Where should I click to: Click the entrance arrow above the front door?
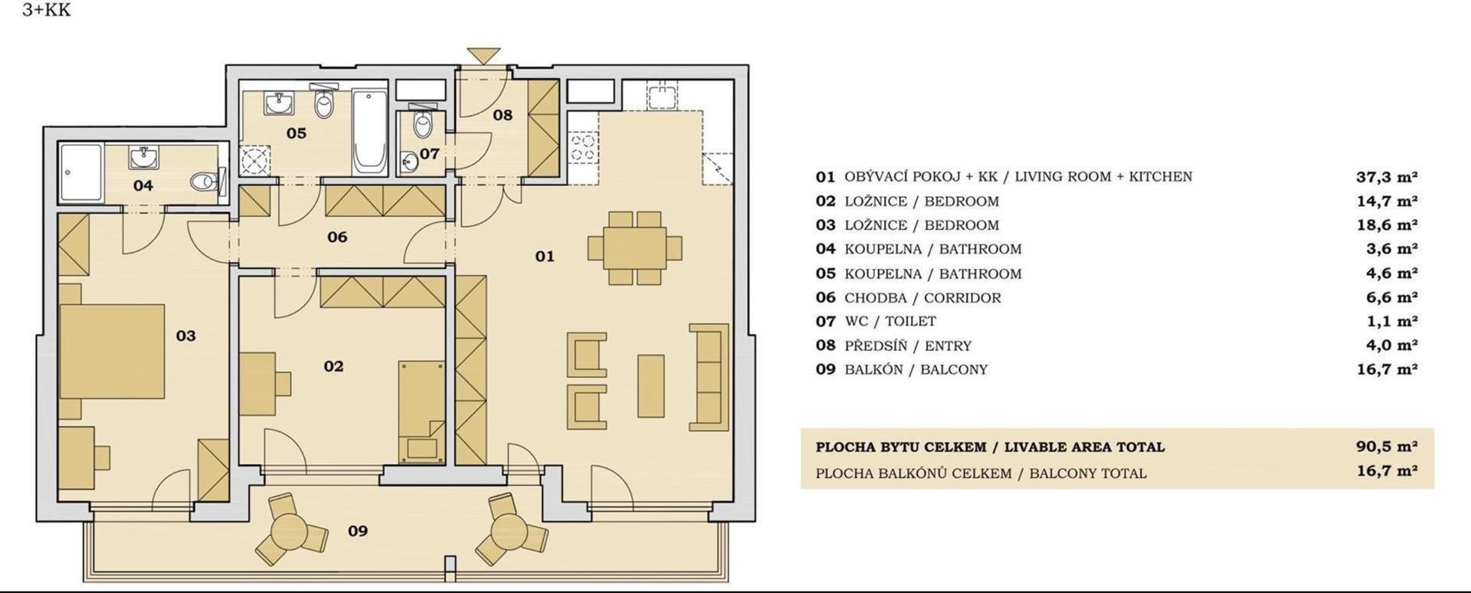(483, 56)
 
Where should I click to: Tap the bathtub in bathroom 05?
(371, 131)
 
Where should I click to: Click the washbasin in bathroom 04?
(145, 158)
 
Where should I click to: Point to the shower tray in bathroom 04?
(80, 173)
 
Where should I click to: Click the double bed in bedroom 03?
(113, 351)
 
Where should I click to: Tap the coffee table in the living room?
(651, 385)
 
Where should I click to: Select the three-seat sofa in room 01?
(709, 376)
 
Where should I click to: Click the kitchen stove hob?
(582, 146)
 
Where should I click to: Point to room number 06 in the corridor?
(337, 237)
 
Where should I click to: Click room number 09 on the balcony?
(358, 530)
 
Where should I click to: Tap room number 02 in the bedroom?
(333, 366)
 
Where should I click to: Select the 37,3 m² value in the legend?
(1387, 177)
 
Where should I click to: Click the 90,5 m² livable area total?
(1387, 447)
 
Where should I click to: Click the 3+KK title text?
(47, 10)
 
